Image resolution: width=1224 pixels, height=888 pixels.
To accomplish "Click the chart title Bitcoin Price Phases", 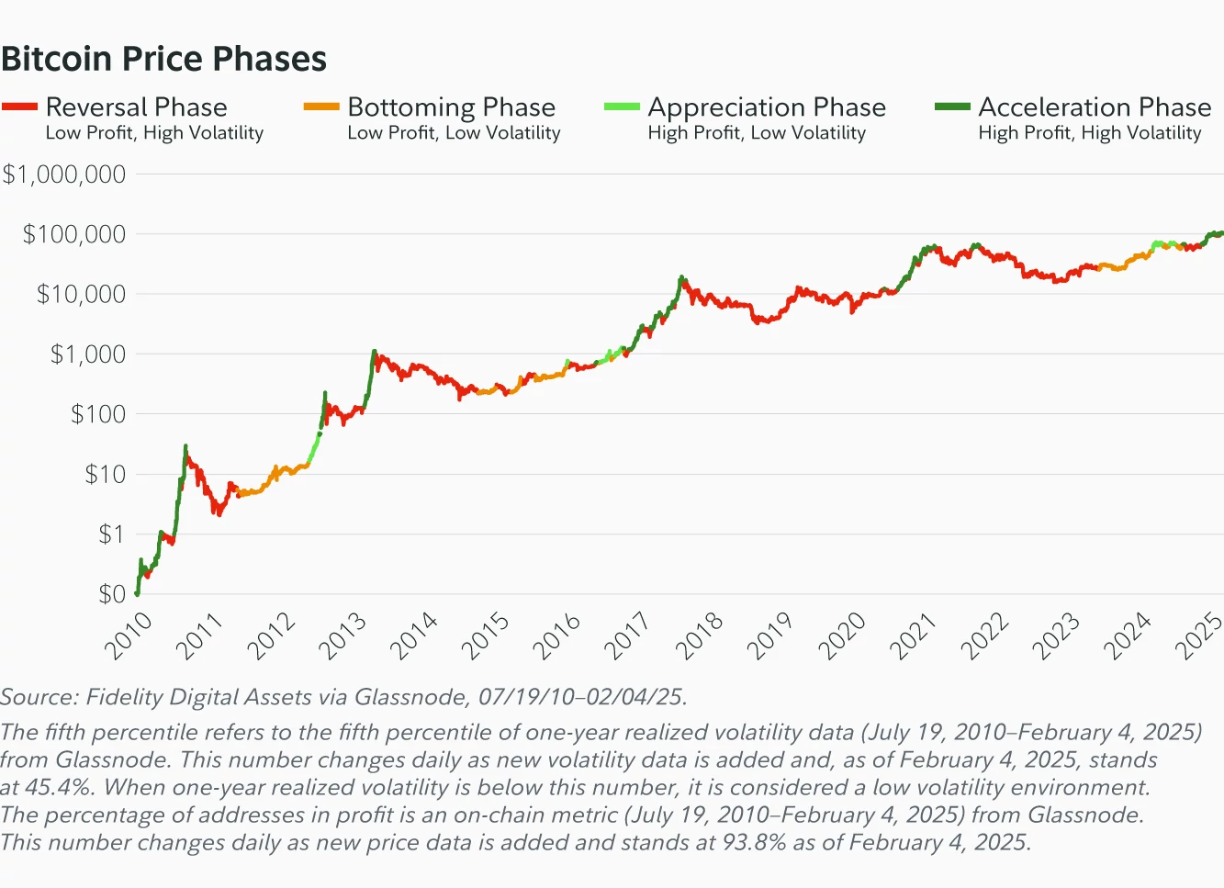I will click(164, 59).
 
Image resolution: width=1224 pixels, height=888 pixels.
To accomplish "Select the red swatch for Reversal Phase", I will click(19, 107).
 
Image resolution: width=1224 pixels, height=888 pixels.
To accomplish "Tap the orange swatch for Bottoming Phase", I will click(321, 107).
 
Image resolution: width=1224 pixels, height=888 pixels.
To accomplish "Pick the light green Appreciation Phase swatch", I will click(622, 107).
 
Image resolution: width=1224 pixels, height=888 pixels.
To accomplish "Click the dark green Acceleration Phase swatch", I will click(952, 107).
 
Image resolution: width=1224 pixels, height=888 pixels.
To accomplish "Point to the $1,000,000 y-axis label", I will click(64, 174).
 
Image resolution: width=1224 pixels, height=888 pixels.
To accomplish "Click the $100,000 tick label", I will click(74, 234).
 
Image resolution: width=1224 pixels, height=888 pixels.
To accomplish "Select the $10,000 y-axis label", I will click(81, 294).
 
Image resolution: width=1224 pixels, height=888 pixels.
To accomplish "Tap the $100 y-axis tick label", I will click(98, 414).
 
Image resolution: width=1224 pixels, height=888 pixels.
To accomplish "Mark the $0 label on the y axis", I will click(112, 594).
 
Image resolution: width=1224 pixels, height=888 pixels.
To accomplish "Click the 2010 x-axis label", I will click(128, 636).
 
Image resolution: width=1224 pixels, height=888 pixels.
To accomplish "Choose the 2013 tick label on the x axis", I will click(342, 636).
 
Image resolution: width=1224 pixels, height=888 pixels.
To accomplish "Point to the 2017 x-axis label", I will click(627, 636).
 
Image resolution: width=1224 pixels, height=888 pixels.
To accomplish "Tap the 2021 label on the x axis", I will click(913, 636).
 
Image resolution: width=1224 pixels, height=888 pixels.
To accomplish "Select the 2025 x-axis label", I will click(1198, 636).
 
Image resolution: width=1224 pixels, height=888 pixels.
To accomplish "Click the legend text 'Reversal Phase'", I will click(136, 107).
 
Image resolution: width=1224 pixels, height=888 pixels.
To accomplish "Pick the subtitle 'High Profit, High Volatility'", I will click(1089, 133).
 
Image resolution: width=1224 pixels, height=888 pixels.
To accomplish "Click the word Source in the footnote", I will click(38, 697).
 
